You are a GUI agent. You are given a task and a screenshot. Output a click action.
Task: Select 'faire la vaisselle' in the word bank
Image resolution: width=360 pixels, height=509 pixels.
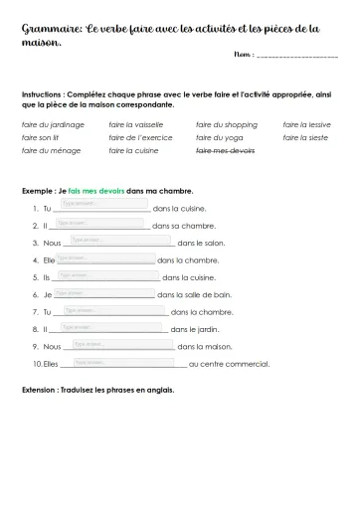pos(135,125)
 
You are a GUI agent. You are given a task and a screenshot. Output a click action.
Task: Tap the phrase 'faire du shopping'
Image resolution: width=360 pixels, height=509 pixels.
pos(226,125)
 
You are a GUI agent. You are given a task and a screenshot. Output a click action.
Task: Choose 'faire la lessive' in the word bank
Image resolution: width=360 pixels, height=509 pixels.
pos(308,125)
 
